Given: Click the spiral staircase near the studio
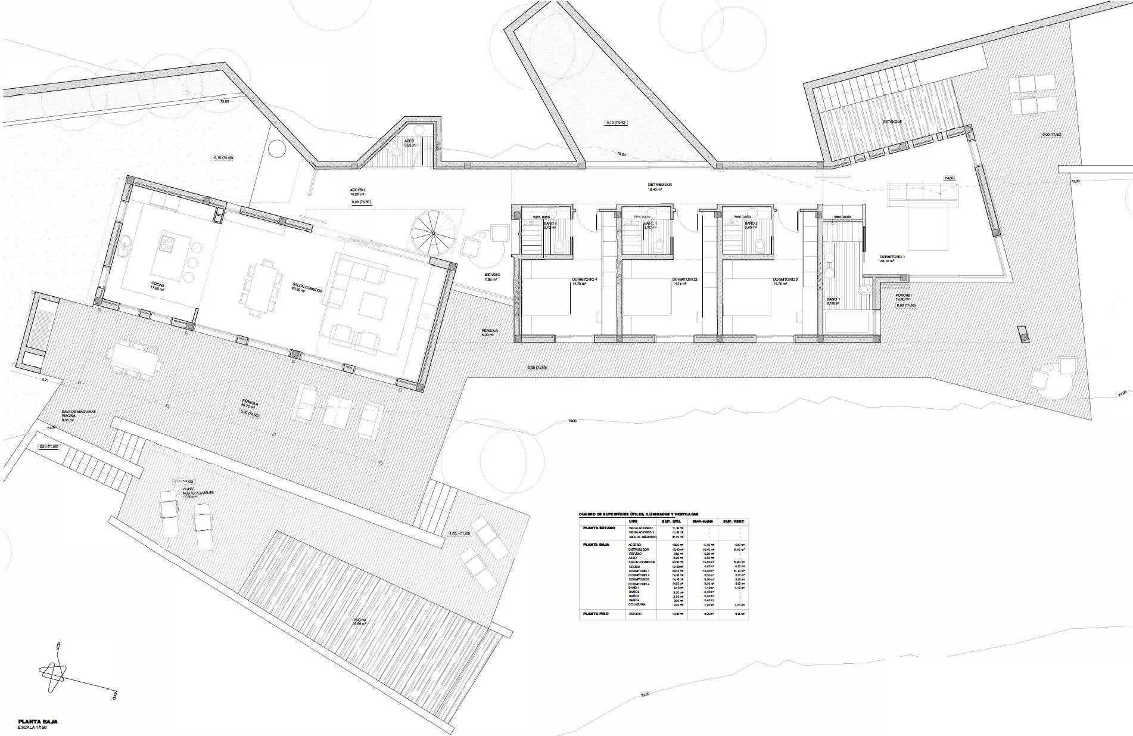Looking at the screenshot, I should (433, 234).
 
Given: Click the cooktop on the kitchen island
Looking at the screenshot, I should (167, 242).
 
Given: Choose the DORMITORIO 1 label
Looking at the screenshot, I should (892, 257).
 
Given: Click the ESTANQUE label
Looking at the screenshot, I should (892, 122).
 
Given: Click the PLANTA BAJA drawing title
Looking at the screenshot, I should (38, 721).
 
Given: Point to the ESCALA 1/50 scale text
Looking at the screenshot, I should (36, 728).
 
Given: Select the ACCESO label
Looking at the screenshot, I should (357, 190).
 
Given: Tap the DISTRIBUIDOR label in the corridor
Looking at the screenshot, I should (659, 185).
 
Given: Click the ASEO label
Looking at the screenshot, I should (409, 141).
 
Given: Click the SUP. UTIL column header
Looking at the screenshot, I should (671, 521).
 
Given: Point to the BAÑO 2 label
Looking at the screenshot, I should (751, 223).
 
